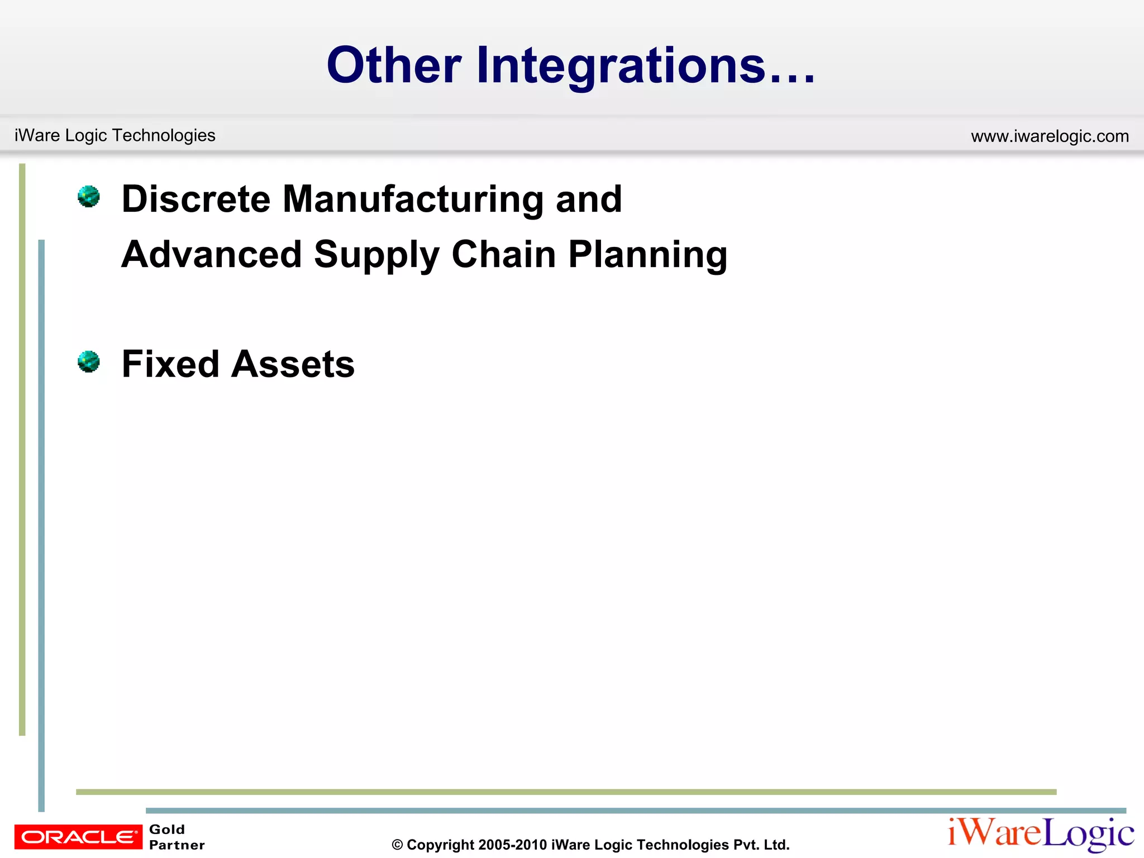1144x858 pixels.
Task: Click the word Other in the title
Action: pos(394,66)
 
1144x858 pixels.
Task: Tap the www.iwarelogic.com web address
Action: pos(1050,136)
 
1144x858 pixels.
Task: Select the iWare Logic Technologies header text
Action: pos(115,135)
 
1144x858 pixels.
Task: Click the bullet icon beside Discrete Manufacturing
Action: pos(88,197)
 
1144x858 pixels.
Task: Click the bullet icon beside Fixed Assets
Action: pos(88,362)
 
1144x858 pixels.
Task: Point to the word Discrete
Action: pos(196,199)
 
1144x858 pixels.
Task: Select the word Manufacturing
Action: pos(413,199)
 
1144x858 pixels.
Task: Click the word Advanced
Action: pos(212,255)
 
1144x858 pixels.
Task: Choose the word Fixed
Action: pos(170,364)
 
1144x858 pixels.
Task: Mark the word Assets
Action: pos(293,364)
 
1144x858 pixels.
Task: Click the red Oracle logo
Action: pos(78,837)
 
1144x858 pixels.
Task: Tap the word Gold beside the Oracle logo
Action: pos(167,829)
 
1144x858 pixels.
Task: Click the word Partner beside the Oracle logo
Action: pos(177,845)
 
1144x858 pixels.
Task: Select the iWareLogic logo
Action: pos(1040,834)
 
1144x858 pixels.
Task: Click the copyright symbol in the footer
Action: pos(397,845)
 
